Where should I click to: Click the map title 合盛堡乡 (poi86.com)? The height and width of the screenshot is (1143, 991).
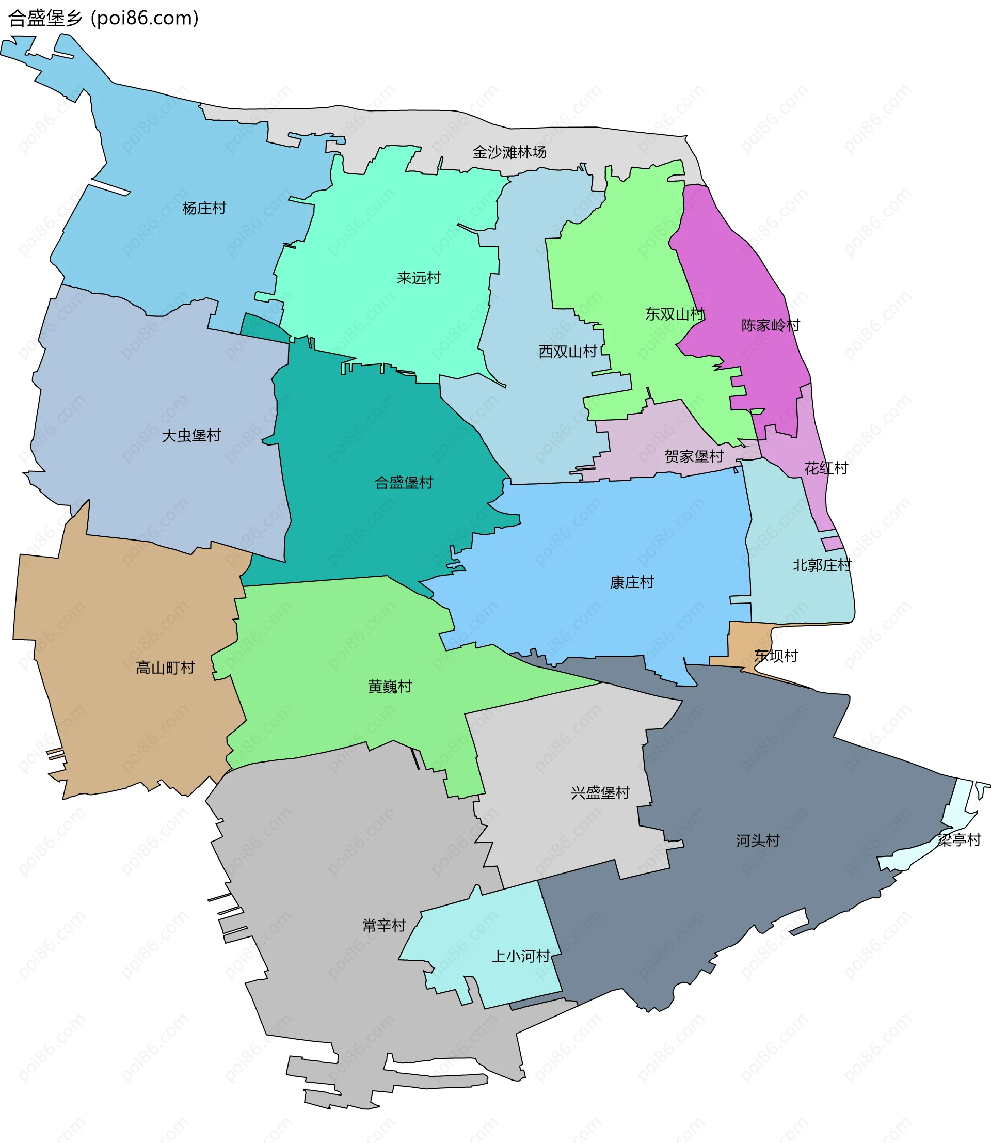[103, 18]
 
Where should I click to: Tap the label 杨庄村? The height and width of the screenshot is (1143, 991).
[204, 209]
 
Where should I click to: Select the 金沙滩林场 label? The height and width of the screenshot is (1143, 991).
[509, 152]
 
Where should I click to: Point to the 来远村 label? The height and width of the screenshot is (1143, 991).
[419, 278]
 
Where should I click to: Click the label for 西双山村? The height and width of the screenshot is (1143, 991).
[567, 351]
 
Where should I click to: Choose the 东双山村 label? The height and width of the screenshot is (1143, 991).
[675, 314]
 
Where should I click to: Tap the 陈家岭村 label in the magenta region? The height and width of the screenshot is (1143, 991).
[770, 325]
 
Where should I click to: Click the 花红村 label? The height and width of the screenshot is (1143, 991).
[826, 468]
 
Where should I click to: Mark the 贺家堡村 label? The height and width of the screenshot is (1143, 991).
[694, 456]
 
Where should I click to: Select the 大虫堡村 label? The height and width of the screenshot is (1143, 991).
[191, 436]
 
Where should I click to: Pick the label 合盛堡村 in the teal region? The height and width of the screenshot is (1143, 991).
[404, 482]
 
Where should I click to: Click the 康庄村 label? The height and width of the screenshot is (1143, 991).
[632, 582]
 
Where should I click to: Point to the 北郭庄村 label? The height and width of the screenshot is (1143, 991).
[822, 565]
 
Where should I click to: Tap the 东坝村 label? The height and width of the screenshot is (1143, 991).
[776, 656]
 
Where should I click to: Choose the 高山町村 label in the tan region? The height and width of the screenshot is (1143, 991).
[165, 668]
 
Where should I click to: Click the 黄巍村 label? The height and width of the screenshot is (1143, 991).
[390, 687]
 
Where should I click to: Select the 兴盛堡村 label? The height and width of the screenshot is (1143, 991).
[600, 793]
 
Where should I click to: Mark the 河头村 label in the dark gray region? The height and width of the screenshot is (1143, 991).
[758, 840]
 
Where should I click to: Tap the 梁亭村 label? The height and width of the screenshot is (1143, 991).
[958, 840]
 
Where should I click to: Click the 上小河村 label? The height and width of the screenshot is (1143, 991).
[520, 956]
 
